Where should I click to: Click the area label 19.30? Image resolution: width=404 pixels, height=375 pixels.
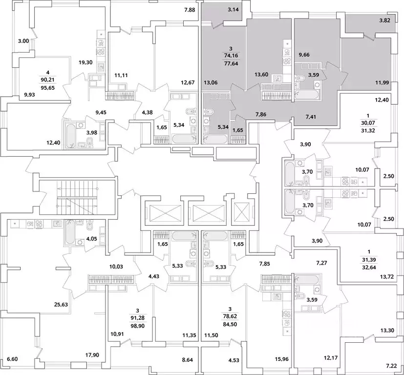click(86, 62)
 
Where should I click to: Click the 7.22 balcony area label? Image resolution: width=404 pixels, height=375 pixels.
click(392, 366)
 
